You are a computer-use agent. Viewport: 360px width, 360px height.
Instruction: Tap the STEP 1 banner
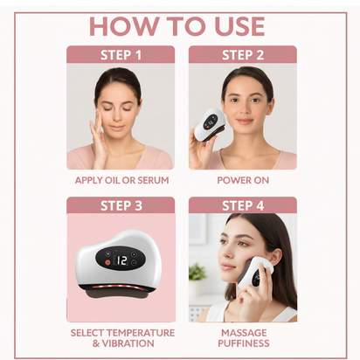pyautogui.click(x=121, y=55)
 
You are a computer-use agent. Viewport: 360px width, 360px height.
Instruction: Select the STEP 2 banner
pyautogui.click(x=242, y=55)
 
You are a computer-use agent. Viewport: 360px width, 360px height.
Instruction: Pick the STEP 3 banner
pyautogui.click(x=121, y=206)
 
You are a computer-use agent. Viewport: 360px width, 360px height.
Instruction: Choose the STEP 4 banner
pyautogui.click(x=242, y=206)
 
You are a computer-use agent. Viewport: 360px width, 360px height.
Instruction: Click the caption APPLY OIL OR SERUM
pyautogui.click(x=121, y=180)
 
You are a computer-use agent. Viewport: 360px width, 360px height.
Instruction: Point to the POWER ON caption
pyautogui.click(x=242, y=180)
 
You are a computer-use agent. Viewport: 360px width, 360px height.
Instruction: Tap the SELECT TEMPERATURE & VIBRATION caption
pyautogui.click(x=121, y=337)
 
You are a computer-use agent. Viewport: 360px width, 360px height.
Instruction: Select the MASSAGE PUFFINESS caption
pyautogui.click(x=242, y=337)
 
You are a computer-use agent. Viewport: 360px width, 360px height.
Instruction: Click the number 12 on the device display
pyautogui.click(x=121, y=260)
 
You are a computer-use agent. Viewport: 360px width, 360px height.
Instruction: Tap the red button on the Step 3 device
pyautogui.click(x=107, y=260)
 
